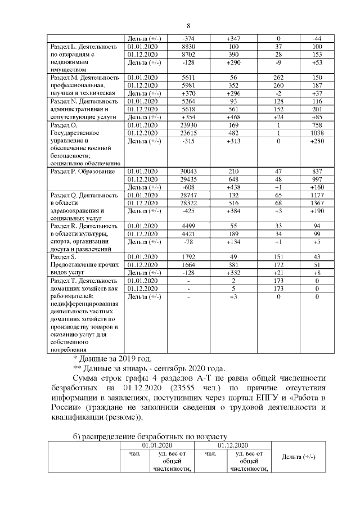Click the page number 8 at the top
(189, 25)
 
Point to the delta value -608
(188, 187)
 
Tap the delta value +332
(233, 273)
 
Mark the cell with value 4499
(188, 226)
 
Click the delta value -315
(188, 141)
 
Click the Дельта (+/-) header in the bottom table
(298, 457)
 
